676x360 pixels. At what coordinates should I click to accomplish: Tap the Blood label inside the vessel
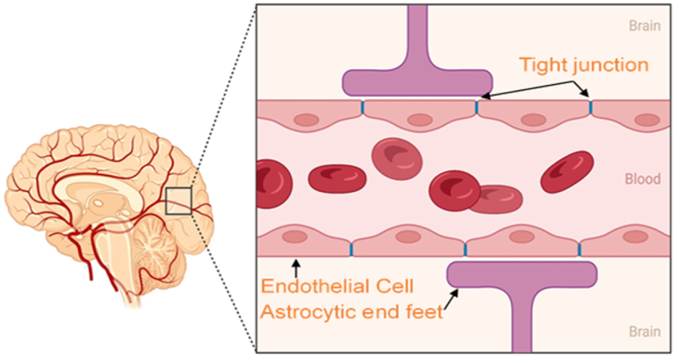[643, 181]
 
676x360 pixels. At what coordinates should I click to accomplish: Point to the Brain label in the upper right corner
[643, 26]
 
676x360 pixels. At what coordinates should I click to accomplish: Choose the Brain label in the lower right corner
[643, 331]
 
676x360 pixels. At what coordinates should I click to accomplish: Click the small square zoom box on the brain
[178, 201]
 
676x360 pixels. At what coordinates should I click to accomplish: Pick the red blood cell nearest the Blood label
[567, 171]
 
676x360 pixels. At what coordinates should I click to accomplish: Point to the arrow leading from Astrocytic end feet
[452, 300]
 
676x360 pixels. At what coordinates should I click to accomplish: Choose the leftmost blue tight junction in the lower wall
[351, 249]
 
